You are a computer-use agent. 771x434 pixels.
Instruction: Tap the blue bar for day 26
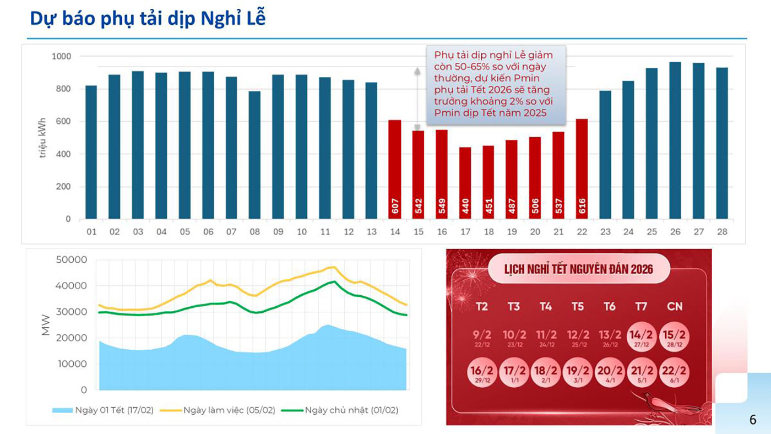point(675,140)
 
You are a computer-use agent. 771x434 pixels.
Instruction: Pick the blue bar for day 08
point(254,155)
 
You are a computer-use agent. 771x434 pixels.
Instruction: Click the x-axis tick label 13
point(371,232)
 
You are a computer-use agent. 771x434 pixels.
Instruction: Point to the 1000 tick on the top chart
point(61,56)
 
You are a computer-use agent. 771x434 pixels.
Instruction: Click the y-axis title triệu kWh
point(43,138)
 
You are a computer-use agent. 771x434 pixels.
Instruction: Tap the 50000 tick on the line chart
point(72,260)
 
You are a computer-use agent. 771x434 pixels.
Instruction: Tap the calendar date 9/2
point(481,337)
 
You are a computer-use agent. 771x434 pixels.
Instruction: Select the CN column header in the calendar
point(675,306)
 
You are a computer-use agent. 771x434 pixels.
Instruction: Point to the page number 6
point(753,419)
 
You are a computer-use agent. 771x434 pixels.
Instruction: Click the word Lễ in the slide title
point(254,18)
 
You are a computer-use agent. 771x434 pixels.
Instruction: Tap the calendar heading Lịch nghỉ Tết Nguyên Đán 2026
point(578,269)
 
